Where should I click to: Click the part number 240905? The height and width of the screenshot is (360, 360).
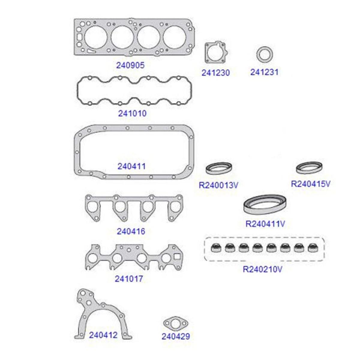click(x=130, y=65)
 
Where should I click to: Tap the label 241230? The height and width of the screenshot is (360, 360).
click(x=216, y=73)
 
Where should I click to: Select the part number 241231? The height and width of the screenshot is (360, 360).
click(x=264, y=72)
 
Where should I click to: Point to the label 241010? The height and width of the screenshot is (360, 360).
click(x=132, y=113)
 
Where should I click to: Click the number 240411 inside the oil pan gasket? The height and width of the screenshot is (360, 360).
click(x=131, y=166)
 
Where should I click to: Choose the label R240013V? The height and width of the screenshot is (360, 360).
click(x=218, y=185)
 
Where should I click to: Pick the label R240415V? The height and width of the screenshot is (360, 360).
click(x=311, y=184)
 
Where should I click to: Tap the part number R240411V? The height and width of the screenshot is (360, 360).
click(x=265, y=224)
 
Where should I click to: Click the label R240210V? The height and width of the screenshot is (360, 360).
click(x=262, y=269)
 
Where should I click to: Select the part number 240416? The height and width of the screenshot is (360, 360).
click(x=131, y=232)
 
